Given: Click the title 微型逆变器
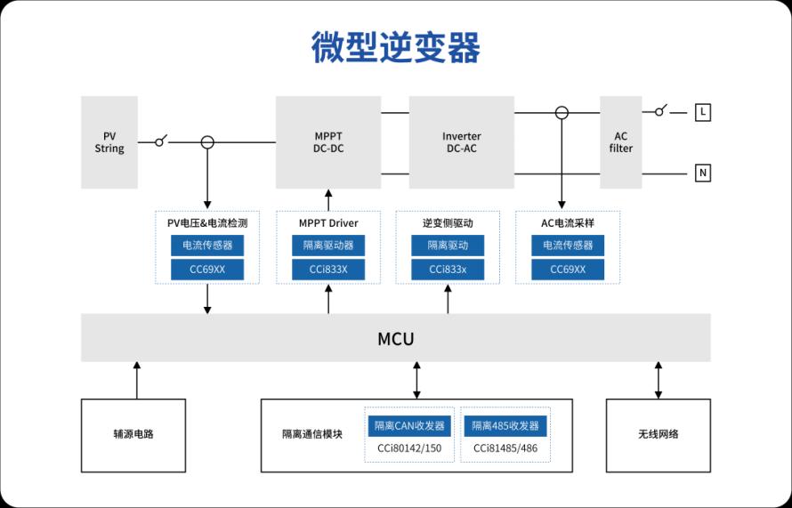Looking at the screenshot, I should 396,47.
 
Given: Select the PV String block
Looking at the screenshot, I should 109,142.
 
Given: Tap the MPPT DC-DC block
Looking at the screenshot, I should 327,142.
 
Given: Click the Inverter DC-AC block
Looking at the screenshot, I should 461,142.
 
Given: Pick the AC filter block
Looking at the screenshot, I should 620,142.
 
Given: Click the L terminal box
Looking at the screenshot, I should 703,112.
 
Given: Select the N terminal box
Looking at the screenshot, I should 703,173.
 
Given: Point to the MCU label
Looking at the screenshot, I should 396,338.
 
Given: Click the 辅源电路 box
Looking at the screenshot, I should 133,435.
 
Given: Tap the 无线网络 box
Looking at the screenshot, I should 658,435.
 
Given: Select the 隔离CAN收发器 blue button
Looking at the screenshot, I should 409,425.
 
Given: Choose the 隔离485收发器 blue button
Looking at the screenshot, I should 505,425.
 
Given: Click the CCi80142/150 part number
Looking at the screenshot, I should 409,448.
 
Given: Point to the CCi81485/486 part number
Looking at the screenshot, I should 505,448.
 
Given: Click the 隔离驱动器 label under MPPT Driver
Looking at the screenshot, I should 327,246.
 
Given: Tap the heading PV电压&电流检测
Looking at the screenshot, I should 207,222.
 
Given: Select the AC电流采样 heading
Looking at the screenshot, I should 568,222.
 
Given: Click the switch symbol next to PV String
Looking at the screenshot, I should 161,141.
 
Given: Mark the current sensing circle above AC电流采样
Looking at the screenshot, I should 562,113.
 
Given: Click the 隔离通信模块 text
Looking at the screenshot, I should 311,435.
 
